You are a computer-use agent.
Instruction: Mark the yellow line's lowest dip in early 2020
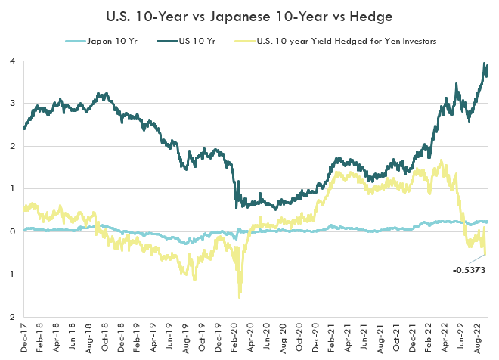[x=240, y=296]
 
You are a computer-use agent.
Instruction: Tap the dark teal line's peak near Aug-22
[x=484, y=64]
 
